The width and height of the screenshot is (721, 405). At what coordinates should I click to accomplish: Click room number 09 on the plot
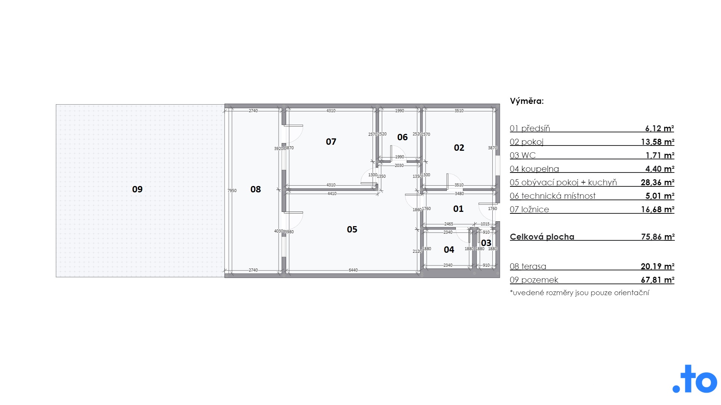(137, 189)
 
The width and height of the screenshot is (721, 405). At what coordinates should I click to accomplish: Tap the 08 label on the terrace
(256, 189)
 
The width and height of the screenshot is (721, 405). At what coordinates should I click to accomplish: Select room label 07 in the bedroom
(331, 142)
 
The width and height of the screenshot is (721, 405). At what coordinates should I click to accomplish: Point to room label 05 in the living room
(352, 229)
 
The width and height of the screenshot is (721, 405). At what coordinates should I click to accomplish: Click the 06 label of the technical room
(403, 137)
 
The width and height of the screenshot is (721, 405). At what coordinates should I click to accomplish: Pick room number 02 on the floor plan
(459, 148)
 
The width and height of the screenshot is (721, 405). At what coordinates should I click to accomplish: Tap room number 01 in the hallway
(458, 209)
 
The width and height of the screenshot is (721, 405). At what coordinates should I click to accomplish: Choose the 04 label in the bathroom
(449, 250)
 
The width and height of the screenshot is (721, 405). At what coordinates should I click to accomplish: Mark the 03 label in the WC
(486, 243)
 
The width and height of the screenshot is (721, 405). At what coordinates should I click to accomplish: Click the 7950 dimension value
(232, 190)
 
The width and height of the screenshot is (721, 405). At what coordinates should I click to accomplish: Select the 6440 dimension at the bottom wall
(353, 270)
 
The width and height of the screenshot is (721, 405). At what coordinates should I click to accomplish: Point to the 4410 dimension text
(332, 193)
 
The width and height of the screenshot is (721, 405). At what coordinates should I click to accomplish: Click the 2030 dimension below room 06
(399, 165)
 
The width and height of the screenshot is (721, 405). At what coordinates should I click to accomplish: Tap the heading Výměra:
(527, 101)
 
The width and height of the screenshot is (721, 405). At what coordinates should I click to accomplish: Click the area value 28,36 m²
(658, 182)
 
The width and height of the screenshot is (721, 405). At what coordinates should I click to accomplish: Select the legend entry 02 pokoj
(526, 142)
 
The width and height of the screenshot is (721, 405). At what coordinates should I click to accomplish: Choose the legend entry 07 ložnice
(529, 209)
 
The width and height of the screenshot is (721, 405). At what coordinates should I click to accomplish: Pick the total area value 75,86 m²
(658, 237)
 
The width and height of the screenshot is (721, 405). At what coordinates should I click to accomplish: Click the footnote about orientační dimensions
(579, 292)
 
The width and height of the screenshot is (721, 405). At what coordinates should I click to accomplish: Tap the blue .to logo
(695, 379)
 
